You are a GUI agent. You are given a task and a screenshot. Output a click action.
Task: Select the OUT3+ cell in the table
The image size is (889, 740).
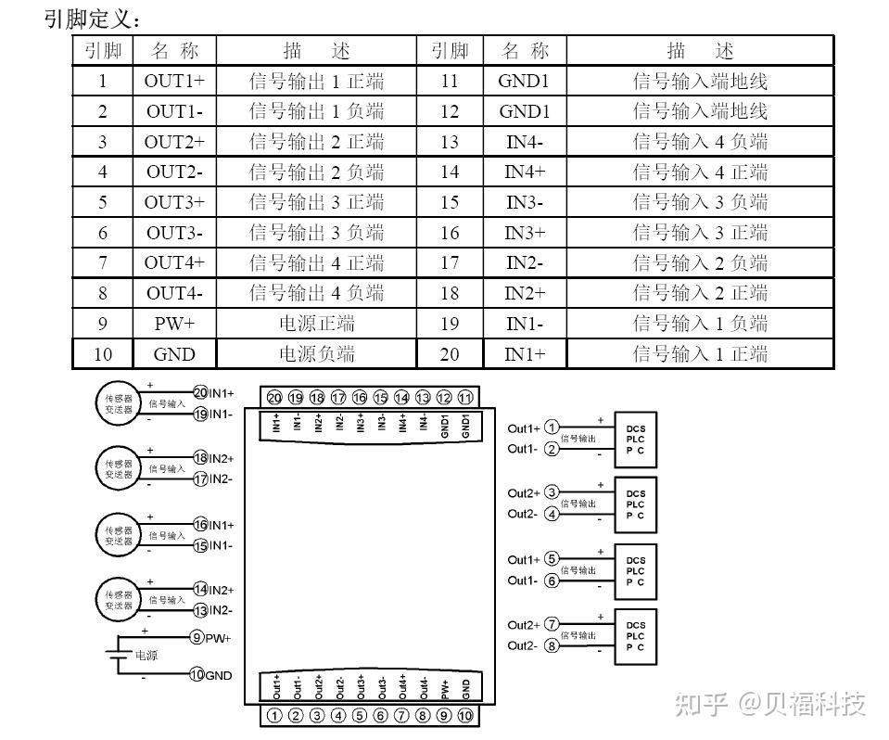pos(174,202)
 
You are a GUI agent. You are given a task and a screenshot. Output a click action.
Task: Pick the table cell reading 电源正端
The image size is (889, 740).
pos(316,324)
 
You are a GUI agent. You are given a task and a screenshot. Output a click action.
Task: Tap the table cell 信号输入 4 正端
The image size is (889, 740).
pos(700,172)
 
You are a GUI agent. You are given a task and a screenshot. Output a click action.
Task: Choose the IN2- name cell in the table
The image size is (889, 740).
pos(525,263)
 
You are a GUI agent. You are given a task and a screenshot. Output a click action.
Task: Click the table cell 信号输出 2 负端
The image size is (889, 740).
pos(316,172)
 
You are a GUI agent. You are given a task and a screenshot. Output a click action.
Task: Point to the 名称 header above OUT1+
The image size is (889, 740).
pos(174,51)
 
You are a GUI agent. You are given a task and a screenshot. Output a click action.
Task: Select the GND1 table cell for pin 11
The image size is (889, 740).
pos(525,82)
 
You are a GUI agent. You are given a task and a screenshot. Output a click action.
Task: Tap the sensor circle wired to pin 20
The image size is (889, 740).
pos(118,403)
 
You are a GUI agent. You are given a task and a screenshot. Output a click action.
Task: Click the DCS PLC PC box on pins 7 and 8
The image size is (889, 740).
pos(635,636)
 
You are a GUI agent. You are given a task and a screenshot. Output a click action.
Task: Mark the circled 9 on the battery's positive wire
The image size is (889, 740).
pos(197,638)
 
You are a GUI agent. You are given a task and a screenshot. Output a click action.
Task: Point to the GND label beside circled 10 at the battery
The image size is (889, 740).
pos(219,676)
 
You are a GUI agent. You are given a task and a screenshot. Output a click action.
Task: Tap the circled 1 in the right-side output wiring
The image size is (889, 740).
pos(552,427)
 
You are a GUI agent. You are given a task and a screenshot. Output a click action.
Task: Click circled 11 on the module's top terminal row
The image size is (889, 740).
pos(466,398)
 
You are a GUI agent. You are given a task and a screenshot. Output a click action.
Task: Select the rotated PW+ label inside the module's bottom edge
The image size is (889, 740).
pos(445,688)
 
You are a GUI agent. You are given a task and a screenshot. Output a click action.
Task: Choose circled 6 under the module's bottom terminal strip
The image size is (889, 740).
pos(380,715)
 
